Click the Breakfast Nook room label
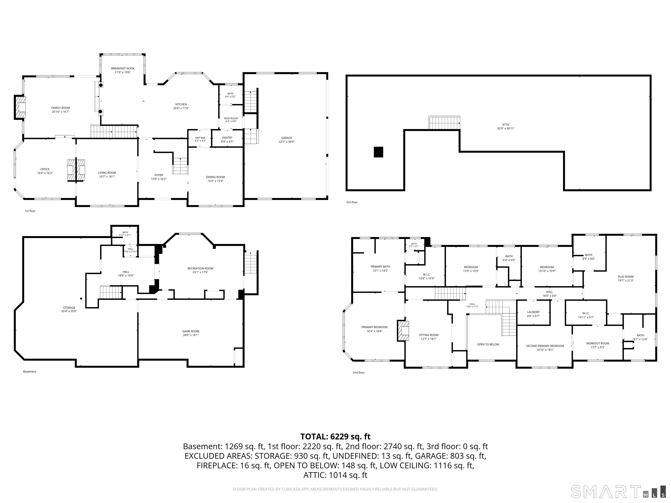click(123, 69)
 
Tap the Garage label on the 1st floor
click(286, 138)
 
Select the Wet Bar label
click(200, 138)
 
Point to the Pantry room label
click(227, 138)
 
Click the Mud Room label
click(231, 118)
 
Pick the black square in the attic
click(378, 152)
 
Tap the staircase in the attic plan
click(444, 123)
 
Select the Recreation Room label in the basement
click(200, 268)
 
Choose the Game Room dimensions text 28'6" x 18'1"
click(191, 335)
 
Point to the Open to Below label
click(488, 345)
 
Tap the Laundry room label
click(533, 312)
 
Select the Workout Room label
click(598, 343)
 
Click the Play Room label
click(626, 277)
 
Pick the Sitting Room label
click(429, 335)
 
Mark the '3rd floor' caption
click(352, 202)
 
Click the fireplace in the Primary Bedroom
click(403, 331)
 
